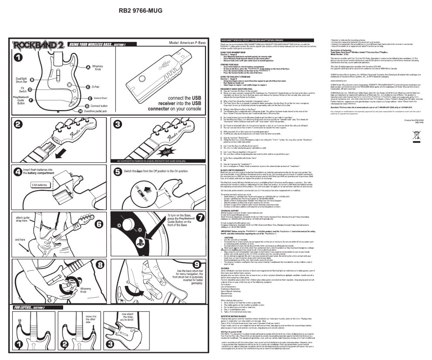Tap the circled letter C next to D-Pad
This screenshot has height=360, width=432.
coord(88,87)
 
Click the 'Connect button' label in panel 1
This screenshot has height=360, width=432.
coord(102,106)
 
